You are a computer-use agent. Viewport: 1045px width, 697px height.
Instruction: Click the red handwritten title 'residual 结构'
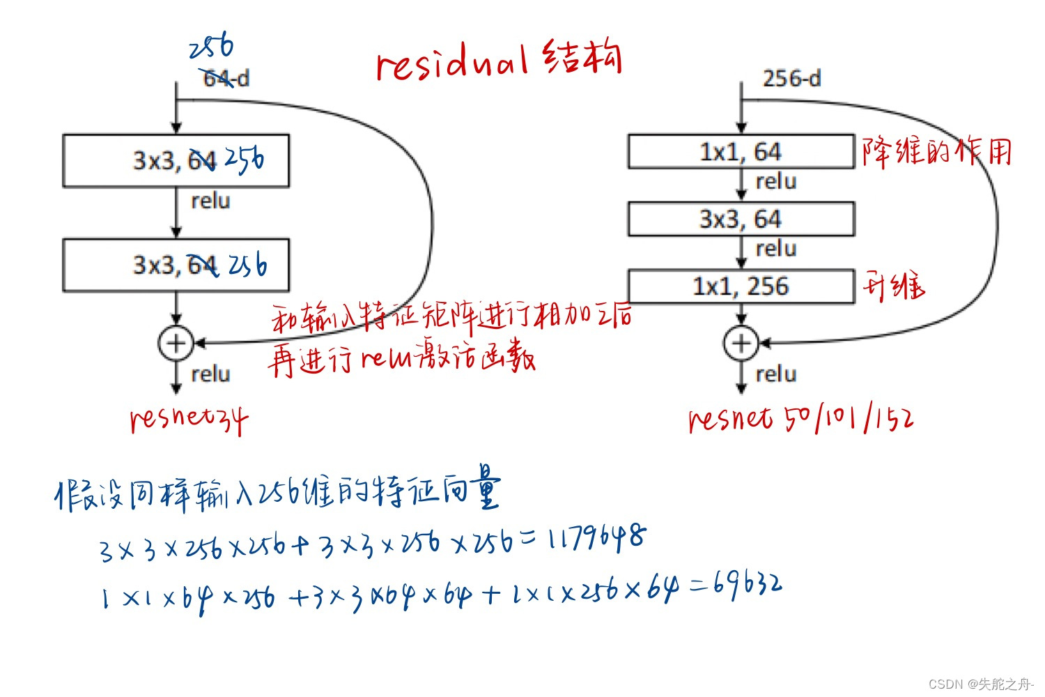(x=497, y=59)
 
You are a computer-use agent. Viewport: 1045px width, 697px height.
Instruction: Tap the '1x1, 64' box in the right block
(x=741, y=151)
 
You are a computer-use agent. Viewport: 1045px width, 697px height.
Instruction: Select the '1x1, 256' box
(x=741, y=286)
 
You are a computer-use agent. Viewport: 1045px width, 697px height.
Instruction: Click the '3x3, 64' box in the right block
(x=741, y=219)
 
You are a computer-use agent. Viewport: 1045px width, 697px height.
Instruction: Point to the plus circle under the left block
(x=176, y=343)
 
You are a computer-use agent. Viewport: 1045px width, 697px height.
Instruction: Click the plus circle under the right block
(x=741, y=343)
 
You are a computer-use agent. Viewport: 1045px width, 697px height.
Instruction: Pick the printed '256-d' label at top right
(x=791, y=78)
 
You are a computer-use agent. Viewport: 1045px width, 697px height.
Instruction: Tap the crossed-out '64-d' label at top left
(x=225, y=78)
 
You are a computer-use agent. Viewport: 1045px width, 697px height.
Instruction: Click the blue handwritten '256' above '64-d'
(x=211, y=47)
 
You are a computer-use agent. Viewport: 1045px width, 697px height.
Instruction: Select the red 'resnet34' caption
(x=188, y=418)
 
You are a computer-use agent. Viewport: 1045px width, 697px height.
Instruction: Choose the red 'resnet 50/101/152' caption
(x=800, y=418)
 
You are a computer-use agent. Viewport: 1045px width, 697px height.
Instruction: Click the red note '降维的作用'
(x=936, y=151)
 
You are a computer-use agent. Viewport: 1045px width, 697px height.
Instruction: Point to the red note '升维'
(x=894, y=286)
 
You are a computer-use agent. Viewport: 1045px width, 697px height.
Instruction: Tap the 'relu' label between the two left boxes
(x=210, y=201)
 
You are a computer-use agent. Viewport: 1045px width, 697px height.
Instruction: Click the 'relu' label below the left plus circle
(x=210, y=374)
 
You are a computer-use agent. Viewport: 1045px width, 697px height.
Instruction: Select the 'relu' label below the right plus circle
(x=775, y=374)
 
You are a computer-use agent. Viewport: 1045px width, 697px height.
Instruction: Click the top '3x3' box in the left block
(x=176, y=160)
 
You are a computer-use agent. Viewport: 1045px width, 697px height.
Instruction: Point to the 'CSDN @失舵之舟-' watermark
(x=981, y=684)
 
